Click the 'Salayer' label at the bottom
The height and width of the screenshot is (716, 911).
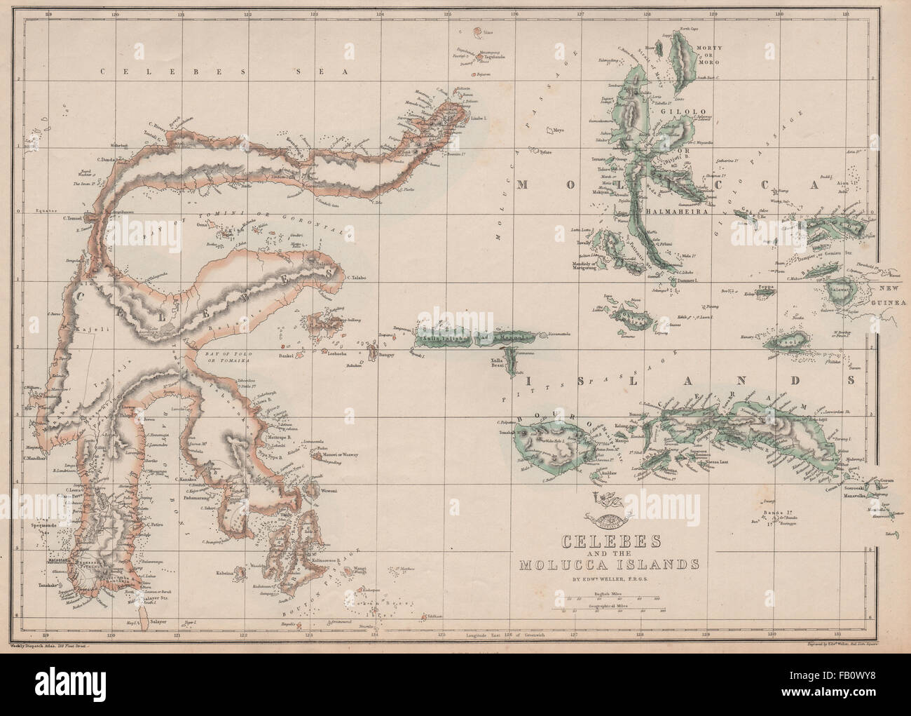[160, 621]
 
